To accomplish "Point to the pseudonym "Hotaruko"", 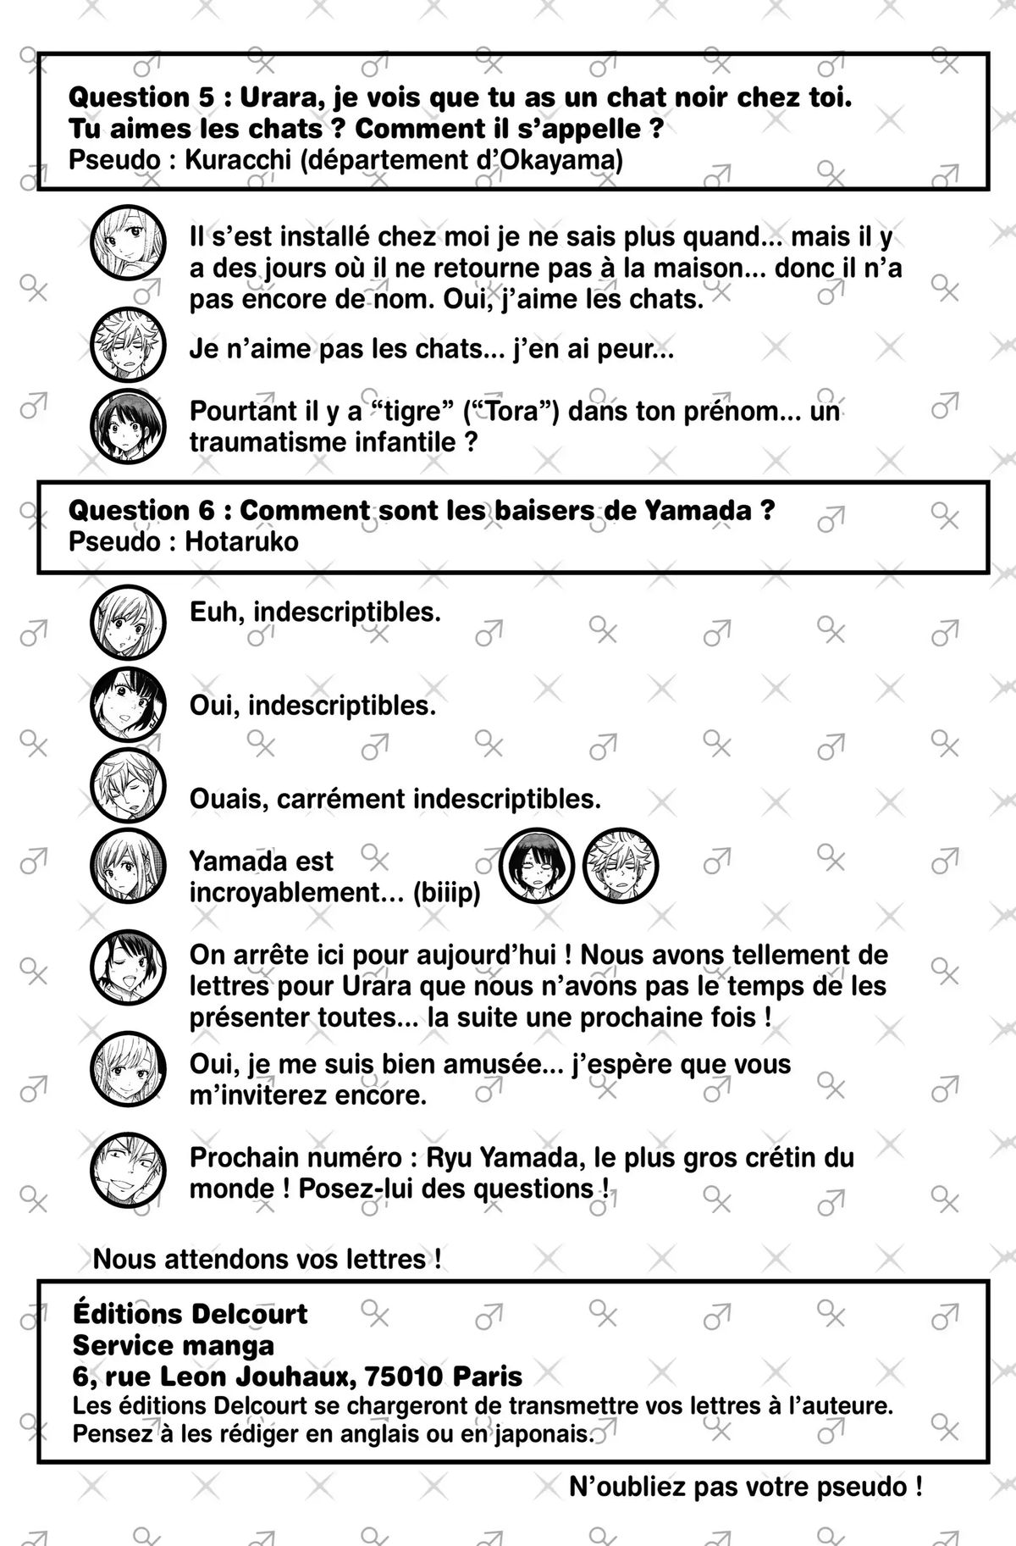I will coord(241,542).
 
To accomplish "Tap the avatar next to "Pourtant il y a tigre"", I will coord(128,426).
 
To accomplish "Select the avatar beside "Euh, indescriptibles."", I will coord(128,623).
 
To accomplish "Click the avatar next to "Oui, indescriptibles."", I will coord(128,705).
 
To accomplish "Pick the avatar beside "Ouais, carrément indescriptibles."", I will coord(128,786).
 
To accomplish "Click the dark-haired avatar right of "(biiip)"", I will coord(537,866).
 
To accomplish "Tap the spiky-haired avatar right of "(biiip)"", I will coord(621,866).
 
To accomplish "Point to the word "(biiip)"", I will coord(447,893).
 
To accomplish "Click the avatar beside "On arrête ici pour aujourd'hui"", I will coord(128,967).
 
